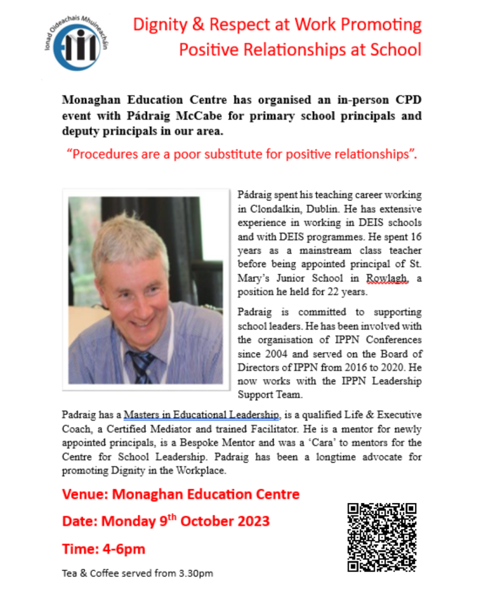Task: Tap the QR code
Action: [382, 537]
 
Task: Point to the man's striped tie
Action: [141, 364]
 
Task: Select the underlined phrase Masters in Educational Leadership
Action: [202, 415]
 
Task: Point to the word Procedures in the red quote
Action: [104, 153]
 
